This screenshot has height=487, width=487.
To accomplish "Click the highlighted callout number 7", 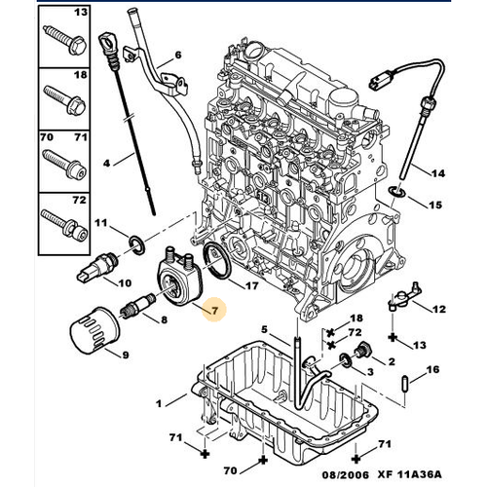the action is click(214, 311).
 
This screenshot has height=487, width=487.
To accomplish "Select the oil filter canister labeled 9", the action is click(95, 330).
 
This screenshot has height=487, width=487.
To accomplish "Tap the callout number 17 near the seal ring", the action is click(251, 286).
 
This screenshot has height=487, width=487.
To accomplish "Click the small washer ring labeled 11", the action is click(137, 244).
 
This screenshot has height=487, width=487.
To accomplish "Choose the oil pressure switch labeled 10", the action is click(97, 268).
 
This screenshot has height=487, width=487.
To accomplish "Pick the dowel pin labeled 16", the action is click(404, 384).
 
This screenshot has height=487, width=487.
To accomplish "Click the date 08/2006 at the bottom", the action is click(346, 475).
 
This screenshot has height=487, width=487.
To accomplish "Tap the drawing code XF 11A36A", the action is click(409, 474).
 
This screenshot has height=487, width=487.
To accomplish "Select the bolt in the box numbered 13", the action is click(65, 41).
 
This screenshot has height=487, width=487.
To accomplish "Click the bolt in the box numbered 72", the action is click(64, 224).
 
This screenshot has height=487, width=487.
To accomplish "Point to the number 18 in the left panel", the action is click(81, 75).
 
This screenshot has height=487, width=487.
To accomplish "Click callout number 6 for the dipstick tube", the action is click(178, 55).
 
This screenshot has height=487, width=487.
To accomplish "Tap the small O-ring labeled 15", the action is click(397, 193).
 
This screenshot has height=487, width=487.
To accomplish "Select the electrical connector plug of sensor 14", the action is click(379, 81).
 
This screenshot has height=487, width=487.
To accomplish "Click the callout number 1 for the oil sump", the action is click(159, 404).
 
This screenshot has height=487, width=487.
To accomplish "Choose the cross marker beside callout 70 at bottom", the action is click(263, 460).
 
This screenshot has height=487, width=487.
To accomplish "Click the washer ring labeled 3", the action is click(346, 361).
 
